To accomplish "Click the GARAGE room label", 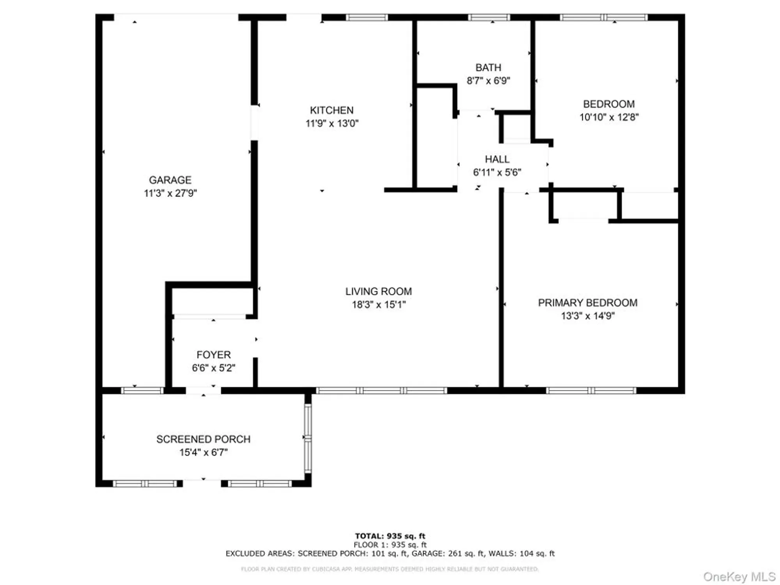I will tap(170, 180).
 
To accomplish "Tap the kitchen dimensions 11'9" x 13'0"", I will tap(332, 123).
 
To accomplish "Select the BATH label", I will tap(488, 67).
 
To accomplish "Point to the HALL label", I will tap(497, 159).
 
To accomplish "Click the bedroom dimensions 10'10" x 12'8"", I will tap(609, 117).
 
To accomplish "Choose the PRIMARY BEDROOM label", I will tap(587, 303).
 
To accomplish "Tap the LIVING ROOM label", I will tap(378, 291).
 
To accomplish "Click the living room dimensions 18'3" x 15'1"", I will tap(379, 305).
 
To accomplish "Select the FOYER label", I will tap(213, 355).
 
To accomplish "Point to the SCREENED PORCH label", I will tap(203, 439).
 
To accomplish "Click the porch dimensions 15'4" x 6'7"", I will tap(203, 452).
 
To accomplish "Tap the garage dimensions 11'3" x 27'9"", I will tap(170, 193).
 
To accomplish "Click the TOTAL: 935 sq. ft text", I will tap(390, 536).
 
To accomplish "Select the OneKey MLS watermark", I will tap(739, 576).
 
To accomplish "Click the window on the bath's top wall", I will tap(489, 17).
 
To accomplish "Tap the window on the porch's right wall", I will tap(308, 438).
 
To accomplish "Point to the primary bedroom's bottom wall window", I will tap(591, 390).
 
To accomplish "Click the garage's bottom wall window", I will tap(142, 390).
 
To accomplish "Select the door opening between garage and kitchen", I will tap(254, 123).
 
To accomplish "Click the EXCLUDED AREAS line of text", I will tap(390, 553).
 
